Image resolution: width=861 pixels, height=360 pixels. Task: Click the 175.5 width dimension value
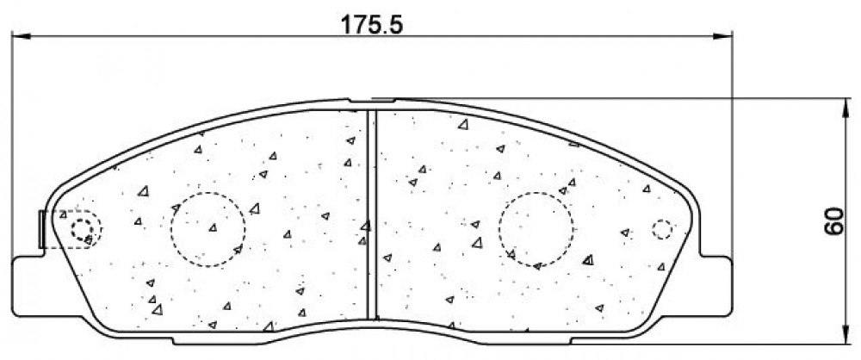[x=372, y=25]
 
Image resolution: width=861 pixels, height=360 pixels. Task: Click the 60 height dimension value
[x=833, y=221]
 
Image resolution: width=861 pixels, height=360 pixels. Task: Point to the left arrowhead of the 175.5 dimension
[x=20, y=36]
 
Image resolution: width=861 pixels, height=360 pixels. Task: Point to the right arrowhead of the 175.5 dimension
[x=723, y=36]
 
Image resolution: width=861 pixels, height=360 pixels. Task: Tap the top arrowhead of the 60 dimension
[x=845, y=108]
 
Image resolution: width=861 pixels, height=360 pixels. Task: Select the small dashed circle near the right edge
[x=662, y=220]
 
